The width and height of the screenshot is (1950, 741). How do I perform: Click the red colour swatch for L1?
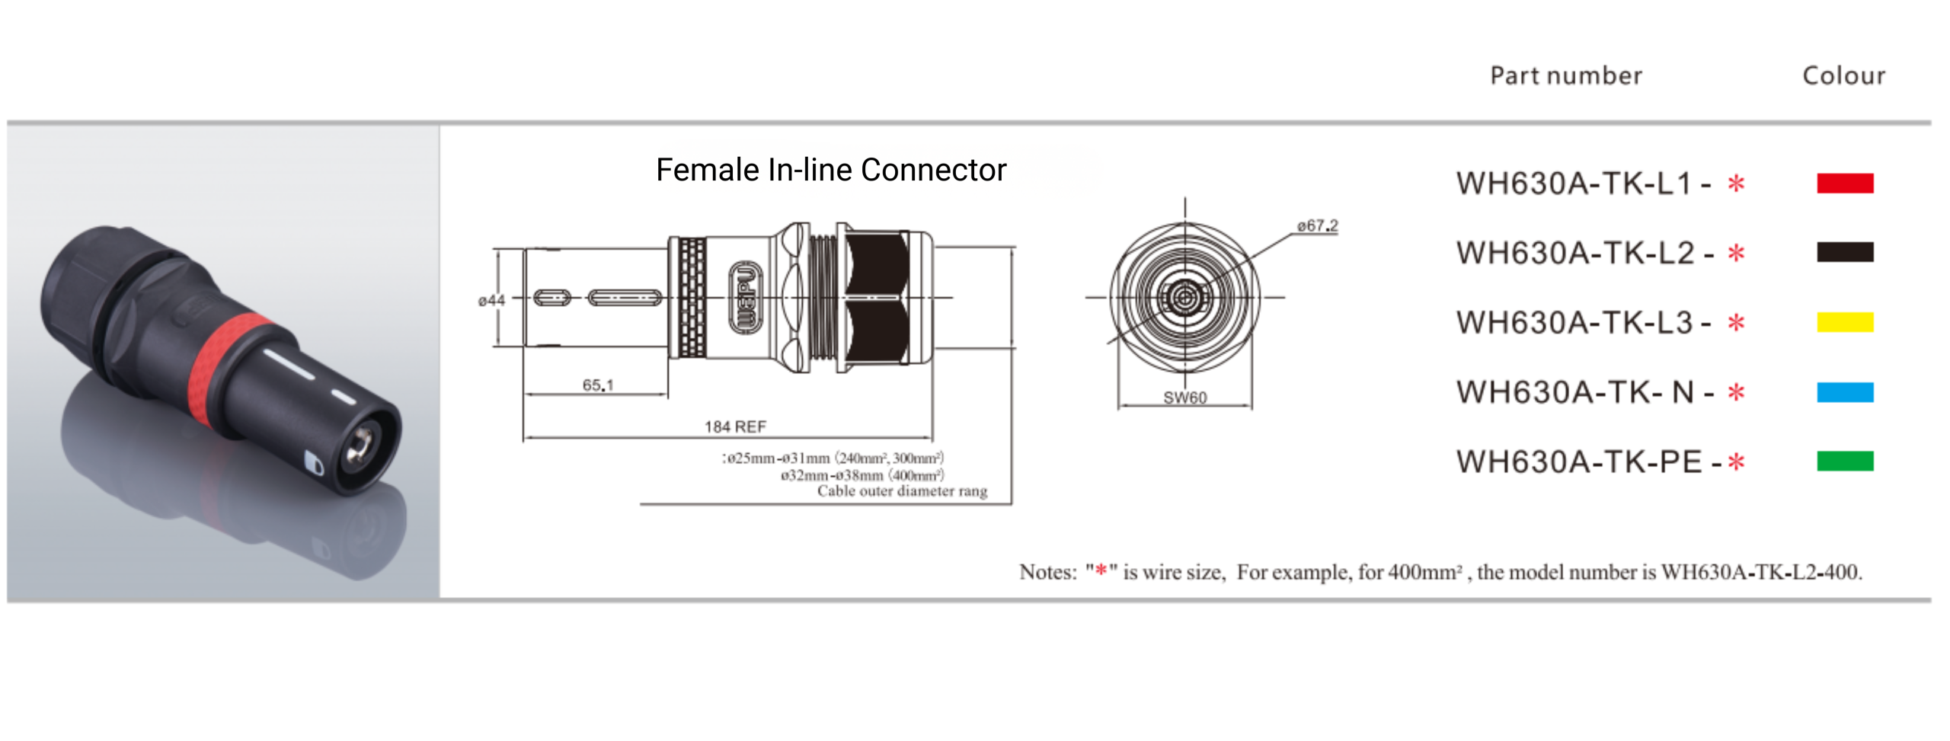coord(1843,183)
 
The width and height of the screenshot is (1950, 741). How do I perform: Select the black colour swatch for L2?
coord(1843,252)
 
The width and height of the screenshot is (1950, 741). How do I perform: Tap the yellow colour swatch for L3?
coord(1843,322)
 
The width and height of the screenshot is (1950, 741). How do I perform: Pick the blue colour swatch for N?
coord(1843,392)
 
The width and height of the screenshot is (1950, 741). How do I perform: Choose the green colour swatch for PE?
coord(1843,462)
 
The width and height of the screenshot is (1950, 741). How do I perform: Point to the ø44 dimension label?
coord(491,301)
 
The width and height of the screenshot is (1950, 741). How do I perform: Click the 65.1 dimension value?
coord(597,385)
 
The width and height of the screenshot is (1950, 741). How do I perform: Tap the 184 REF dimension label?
coord(734,426)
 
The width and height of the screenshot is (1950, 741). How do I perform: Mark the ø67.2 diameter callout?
coord(1317,225)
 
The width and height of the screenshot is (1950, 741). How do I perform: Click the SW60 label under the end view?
coord(1184,398)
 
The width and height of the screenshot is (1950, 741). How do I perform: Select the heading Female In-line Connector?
coord(830,170)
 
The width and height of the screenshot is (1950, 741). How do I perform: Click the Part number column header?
coord(1565,75)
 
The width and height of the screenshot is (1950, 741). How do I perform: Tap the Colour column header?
coord(1843,75)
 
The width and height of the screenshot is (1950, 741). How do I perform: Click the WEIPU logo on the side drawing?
coord(745,297)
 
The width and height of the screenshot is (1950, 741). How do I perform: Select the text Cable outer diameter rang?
coord(902,491)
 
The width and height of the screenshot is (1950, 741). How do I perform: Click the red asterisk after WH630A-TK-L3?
coord(1735,323)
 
